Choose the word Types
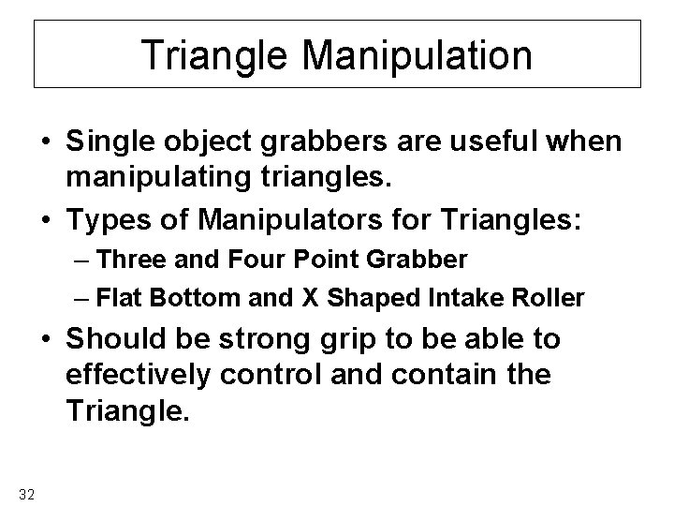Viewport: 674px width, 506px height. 112,223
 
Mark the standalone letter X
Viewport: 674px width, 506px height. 310,299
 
